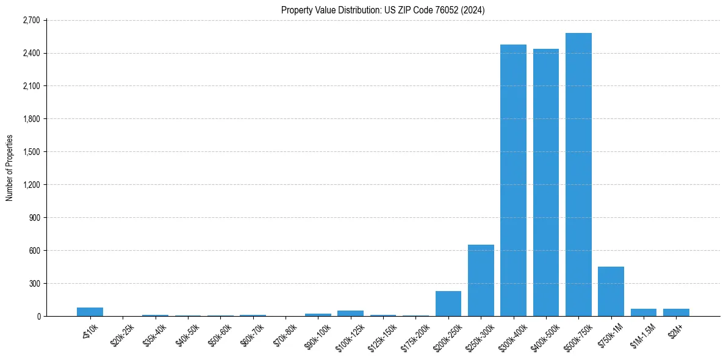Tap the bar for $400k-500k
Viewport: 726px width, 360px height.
pyautogui.click(x=546, y=182)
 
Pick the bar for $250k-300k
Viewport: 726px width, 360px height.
pyautogui.click(x=481, y=280)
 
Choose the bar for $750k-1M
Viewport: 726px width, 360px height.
pyautogui.click(x=611, y=292)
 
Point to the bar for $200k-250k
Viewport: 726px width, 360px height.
pyautogui.click(x=448, y=303)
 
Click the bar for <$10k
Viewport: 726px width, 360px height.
pyautogui.click(x=90, y=312)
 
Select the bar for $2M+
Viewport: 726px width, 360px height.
pyautogui.click(x=676, y=312)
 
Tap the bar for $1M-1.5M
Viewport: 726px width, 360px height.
pyautogui.click(x=644, y=312)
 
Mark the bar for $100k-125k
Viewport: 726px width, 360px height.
pyautogui.click(x=350, y=313)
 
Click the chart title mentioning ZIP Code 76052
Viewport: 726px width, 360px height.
pyautogui.click(x=383, y=10)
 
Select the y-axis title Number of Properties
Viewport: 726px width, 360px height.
pyautogui.click(x=9, y=168)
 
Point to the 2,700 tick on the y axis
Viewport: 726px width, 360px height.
pyautogui.click(x=31, y=20)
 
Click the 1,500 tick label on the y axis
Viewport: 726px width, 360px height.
pyautogui.click(x=31, y=152)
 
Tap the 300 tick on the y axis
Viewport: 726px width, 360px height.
pyautogui.click(x=34, y=284)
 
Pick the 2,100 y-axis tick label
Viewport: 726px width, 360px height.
pyautogui.click(x=31, y=86)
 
